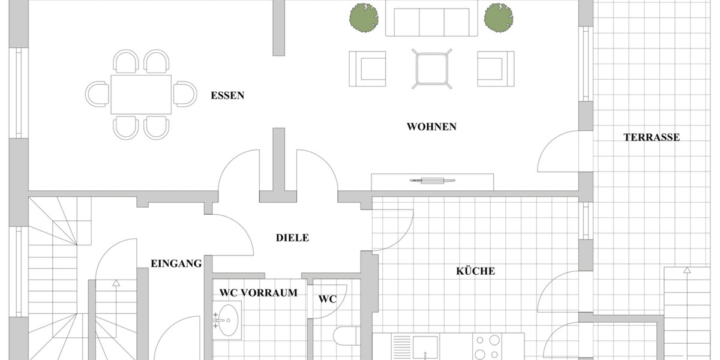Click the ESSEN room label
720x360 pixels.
pos(227,95)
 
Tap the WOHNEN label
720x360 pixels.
pos(431,127)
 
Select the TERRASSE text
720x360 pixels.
pos(652,137)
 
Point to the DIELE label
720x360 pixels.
pos(292,238)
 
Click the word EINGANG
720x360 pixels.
pos(176,263)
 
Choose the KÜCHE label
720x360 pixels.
pos(475,271)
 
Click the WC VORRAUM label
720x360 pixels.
pos(259,293)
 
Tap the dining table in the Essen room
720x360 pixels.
pos(141,95)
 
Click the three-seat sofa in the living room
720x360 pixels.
pos(431,19)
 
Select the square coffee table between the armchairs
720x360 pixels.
pos(431,69)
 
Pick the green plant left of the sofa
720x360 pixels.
pos(364,17)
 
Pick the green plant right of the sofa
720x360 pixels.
pos(499,17)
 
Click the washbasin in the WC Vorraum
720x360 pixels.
pos(228,320)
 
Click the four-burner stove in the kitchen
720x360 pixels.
pos(487,347)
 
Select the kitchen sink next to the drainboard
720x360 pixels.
pos(425,347)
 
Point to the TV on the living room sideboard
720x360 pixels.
pos(433,181)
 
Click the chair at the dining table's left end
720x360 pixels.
pos(97,94)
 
